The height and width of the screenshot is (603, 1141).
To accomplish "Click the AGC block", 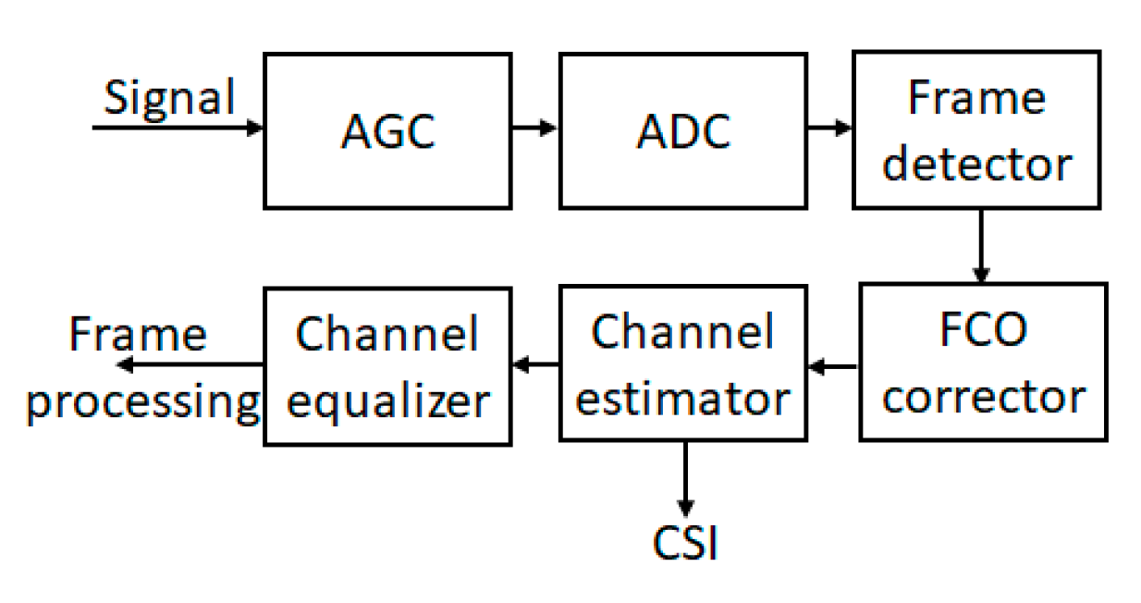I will tap(387, 130).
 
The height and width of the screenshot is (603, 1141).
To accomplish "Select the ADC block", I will tap(683, 130).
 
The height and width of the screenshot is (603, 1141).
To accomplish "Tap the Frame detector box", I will tap(977, 130).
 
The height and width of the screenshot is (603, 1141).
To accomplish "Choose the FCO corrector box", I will tap(983, 362).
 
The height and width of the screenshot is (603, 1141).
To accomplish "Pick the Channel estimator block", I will tap(683, 364).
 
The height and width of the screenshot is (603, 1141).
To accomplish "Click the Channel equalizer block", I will tap(387, 366).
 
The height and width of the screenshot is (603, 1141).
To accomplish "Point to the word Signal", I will tap(170, 97).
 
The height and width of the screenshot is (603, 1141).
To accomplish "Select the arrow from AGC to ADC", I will tap(535, 128).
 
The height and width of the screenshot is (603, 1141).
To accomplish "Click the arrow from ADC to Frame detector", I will tap(829, 128).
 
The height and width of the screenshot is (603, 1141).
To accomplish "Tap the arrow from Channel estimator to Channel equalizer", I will tap(536, 365).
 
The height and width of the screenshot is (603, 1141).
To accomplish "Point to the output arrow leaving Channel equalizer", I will tap(190, 365).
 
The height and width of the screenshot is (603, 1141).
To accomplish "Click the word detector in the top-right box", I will tap(977, 165).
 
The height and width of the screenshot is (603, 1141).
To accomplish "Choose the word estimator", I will tap(683, 399).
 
